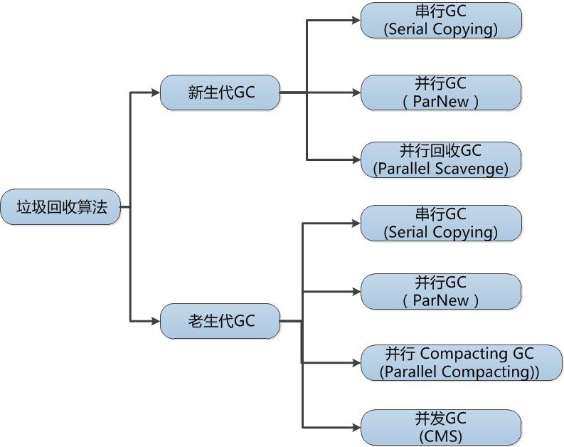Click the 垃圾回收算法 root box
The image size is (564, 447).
[62, 207]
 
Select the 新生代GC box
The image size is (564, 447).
[220, 93]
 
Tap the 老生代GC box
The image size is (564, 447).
[220, 321]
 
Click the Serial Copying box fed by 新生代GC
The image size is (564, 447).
[441, 21]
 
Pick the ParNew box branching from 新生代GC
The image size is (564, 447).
[441, 93]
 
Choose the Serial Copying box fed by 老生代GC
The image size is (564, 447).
[441, 223]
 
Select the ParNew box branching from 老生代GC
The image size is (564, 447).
[441, 291]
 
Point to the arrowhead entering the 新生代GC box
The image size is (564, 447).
[156, 92]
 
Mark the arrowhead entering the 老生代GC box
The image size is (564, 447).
[156, 321]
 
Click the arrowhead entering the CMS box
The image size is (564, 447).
[356, 427]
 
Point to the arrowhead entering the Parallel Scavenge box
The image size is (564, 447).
[356, 159]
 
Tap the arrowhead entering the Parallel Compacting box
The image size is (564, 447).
[356, 362]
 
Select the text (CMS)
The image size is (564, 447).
[441, 436]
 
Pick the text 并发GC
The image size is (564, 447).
[441, 419]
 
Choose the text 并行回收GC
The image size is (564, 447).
[441, 151]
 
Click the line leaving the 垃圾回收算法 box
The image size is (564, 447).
[125, 207]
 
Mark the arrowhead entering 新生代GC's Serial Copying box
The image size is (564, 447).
[356, 20]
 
